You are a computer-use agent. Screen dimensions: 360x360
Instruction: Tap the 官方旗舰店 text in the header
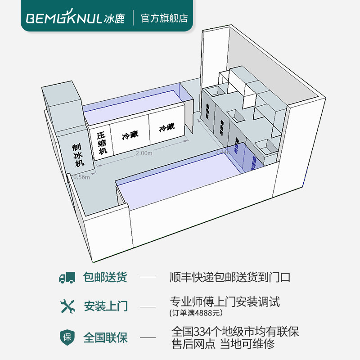[164, 18]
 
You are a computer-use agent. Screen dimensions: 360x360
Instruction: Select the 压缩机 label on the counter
[102, 142]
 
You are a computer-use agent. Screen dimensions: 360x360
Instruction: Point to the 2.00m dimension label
[144, 153]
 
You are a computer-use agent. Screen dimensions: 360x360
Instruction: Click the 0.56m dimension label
[81, 177]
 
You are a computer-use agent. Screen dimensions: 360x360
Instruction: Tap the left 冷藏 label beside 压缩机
[130, 135]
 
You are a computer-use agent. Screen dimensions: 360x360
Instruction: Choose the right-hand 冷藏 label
[166, 127]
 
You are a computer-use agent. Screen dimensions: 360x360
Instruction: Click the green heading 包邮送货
[105, 277]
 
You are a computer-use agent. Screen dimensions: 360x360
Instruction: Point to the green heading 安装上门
[105, 306]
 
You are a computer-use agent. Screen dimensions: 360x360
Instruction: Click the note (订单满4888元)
[196, 312]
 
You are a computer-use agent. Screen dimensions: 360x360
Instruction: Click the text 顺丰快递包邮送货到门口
[230, 277]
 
